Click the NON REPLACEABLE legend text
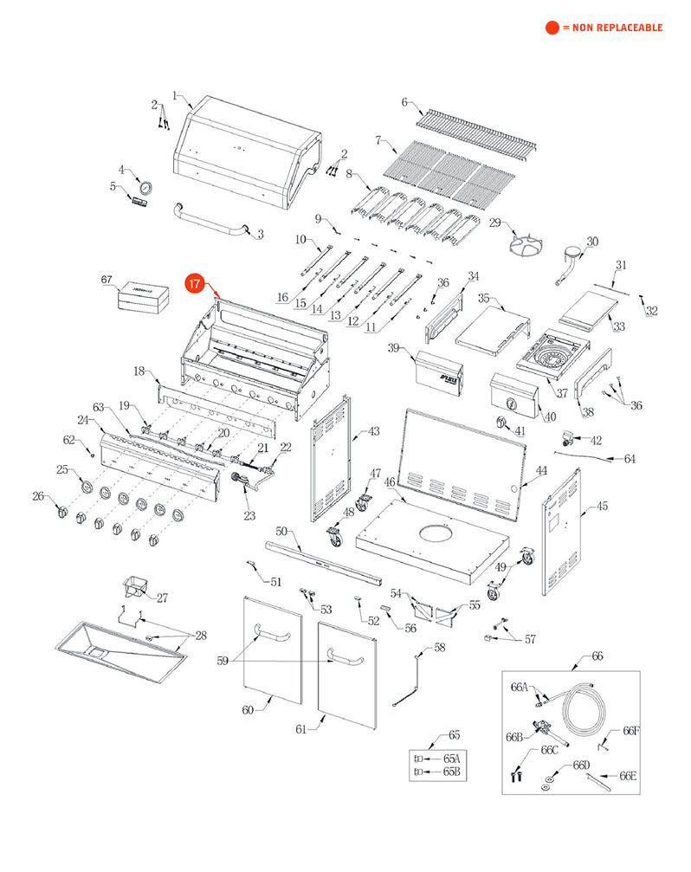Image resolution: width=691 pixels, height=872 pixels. pyautogui.click(x=612, y=28)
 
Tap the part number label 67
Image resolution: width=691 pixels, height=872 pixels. pyautogui.click(x=107, y=280)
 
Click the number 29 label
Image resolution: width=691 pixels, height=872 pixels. pyautogui.click(x=496, y=223)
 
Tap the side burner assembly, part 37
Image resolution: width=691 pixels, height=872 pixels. pyautogui.click(x=551, y=356)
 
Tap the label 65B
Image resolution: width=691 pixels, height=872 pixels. pyautogui.click(x=451, y=771)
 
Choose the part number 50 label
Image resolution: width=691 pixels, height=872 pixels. pyautogui.click(x=282, y=531)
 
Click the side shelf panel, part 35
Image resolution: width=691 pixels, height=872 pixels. pyautogui.click(x=490, y=329)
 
